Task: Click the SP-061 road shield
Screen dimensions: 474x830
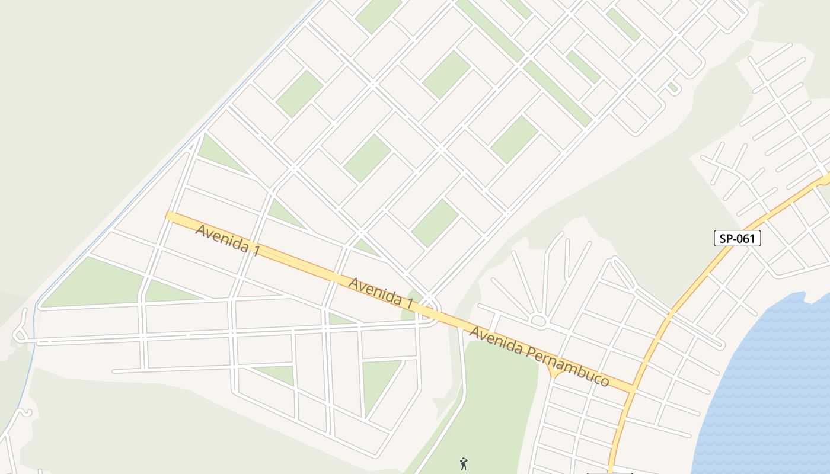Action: click(x=737, y=238)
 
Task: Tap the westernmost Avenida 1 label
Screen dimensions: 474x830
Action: click(x=227, y=239)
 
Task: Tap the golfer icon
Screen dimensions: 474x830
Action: click(x=464, y=463)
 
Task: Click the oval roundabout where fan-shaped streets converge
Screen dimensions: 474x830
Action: click(x=538, y=321)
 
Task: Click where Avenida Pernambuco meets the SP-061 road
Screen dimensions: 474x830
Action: click(x=632, y=389)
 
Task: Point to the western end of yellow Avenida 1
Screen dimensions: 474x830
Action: click(x=170, y=216)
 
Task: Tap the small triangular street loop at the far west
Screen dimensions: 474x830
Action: click(x=20, y=335)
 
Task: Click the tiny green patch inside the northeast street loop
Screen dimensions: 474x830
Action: click(x=672, y=87)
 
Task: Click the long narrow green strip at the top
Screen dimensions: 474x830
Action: click(x=522, y=59)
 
